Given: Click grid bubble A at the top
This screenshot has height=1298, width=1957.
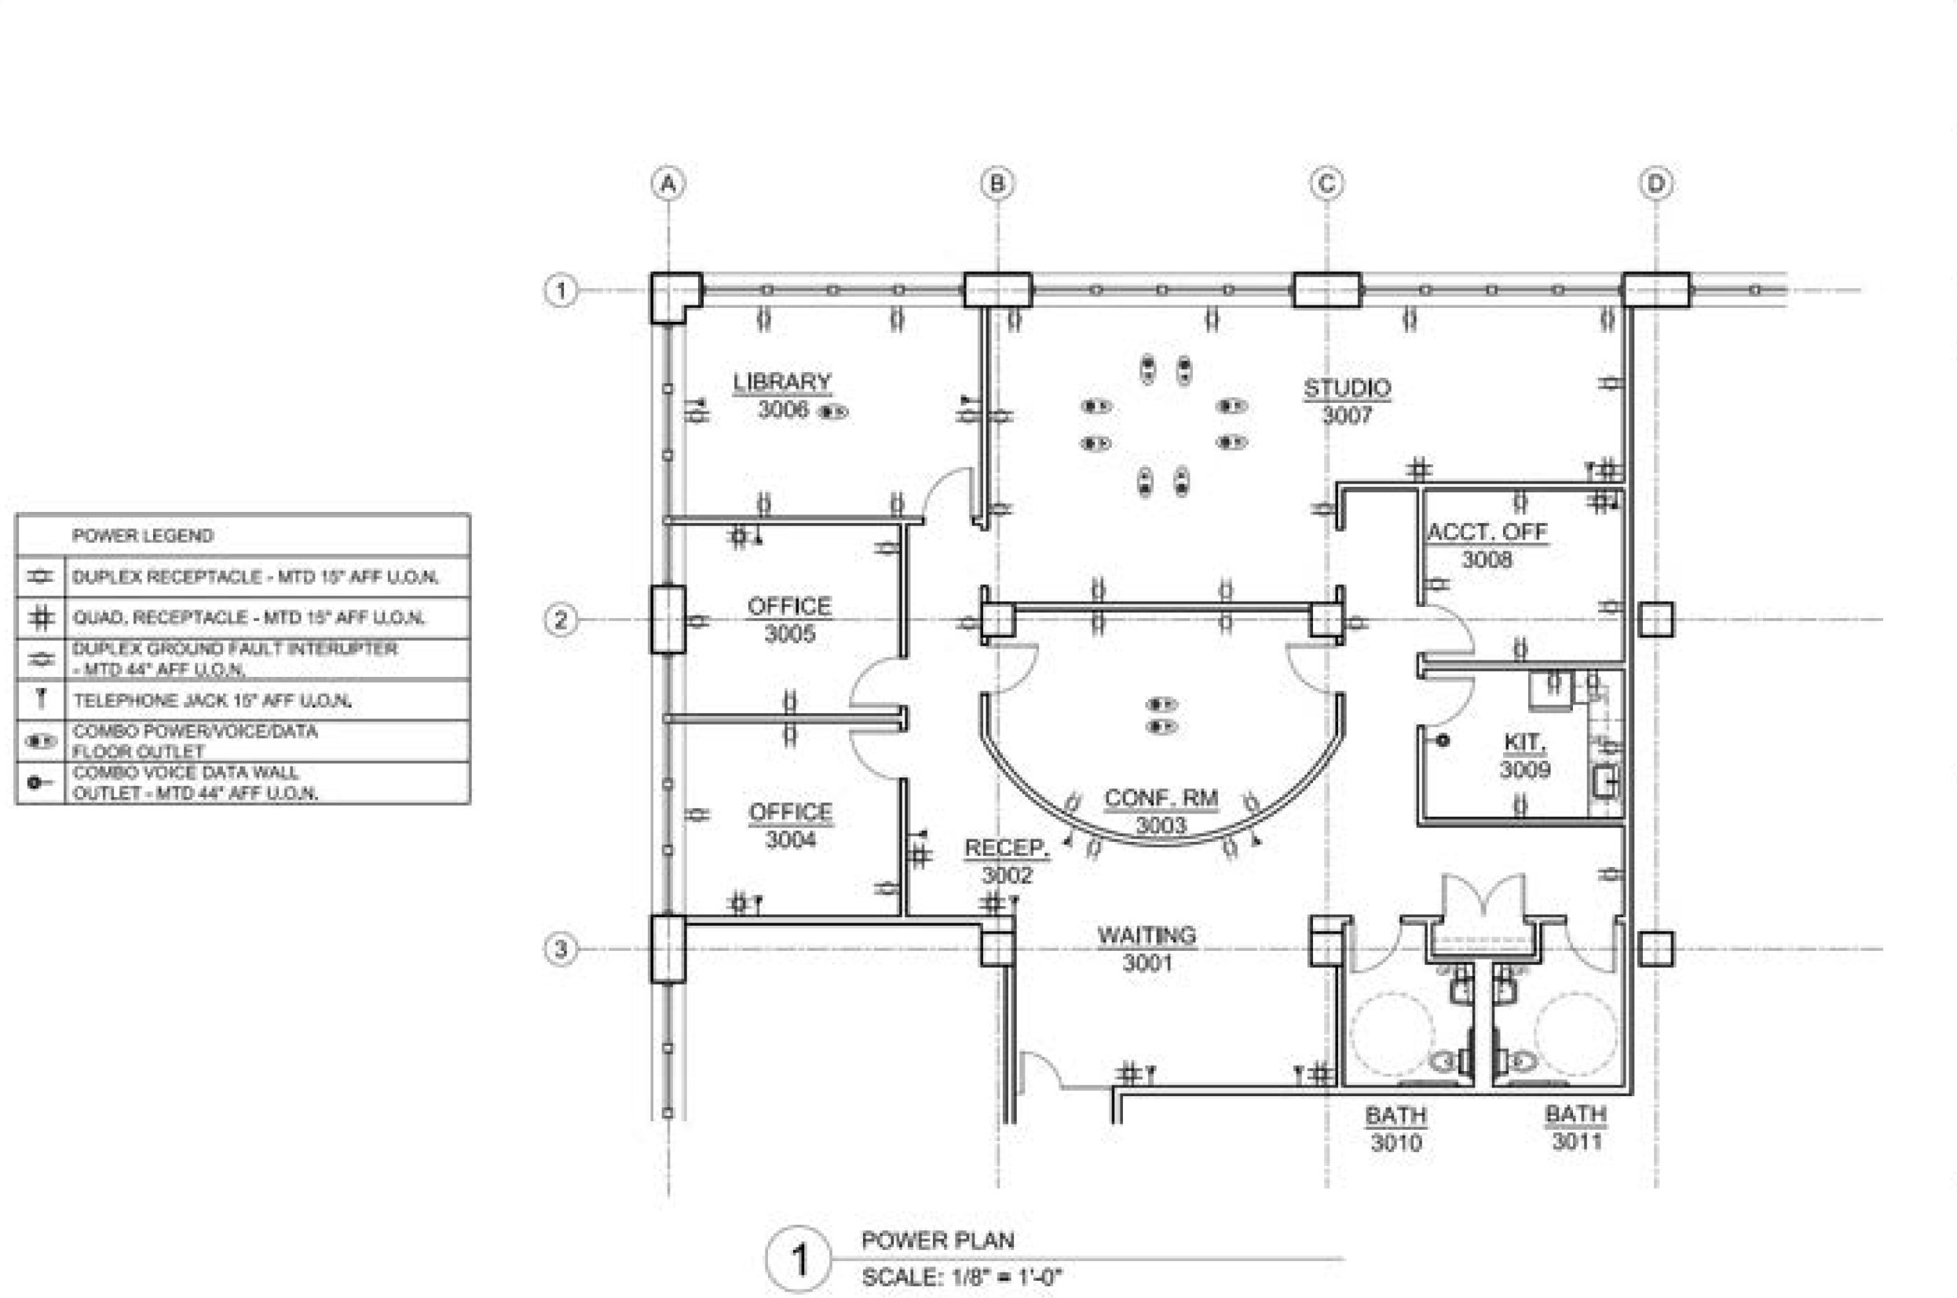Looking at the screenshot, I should click(668, 184).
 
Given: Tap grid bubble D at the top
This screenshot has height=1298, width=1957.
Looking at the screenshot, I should click(1655, 184).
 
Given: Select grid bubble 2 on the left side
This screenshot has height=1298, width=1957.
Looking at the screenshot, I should click(561, 620).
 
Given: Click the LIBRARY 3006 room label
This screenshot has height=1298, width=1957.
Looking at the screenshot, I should click(782, 396).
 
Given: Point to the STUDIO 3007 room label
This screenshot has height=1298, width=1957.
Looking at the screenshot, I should click(1347, 400).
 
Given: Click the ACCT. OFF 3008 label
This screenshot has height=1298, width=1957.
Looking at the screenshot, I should click(1487, 546).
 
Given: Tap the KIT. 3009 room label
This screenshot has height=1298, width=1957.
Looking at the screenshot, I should click(1524, 755).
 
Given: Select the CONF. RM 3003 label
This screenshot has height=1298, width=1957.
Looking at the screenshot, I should click(1161, 811).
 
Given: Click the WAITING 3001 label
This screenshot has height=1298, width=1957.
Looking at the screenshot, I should click(1147, 949).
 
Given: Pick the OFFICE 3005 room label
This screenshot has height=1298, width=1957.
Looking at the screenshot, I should click(789, 620).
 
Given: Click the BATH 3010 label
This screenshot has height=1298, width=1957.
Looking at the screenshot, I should click(1396, 1129).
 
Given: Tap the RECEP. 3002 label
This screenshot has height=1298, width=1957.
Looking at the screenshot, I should click(1007, 861).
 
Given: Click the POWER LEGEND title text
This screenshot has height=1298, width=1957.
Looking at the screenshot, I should click(142, 536).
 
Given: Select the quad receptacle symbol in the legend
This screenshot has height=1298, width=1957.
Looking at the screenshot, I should click(41, 617).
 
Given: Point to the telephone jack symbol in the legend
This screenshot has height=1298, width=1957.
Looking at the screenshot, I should click(41, 699).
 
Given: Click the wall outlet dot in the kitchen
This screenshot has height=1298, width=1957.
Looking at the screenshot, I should click(1442, 740).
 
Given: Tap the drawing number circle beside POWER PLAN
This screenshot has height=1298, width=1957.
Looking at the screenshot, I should click(799, 1259).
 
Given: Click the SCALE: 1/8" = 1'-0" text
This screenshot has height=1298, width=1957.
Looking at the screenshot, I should click(960, 1278).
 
